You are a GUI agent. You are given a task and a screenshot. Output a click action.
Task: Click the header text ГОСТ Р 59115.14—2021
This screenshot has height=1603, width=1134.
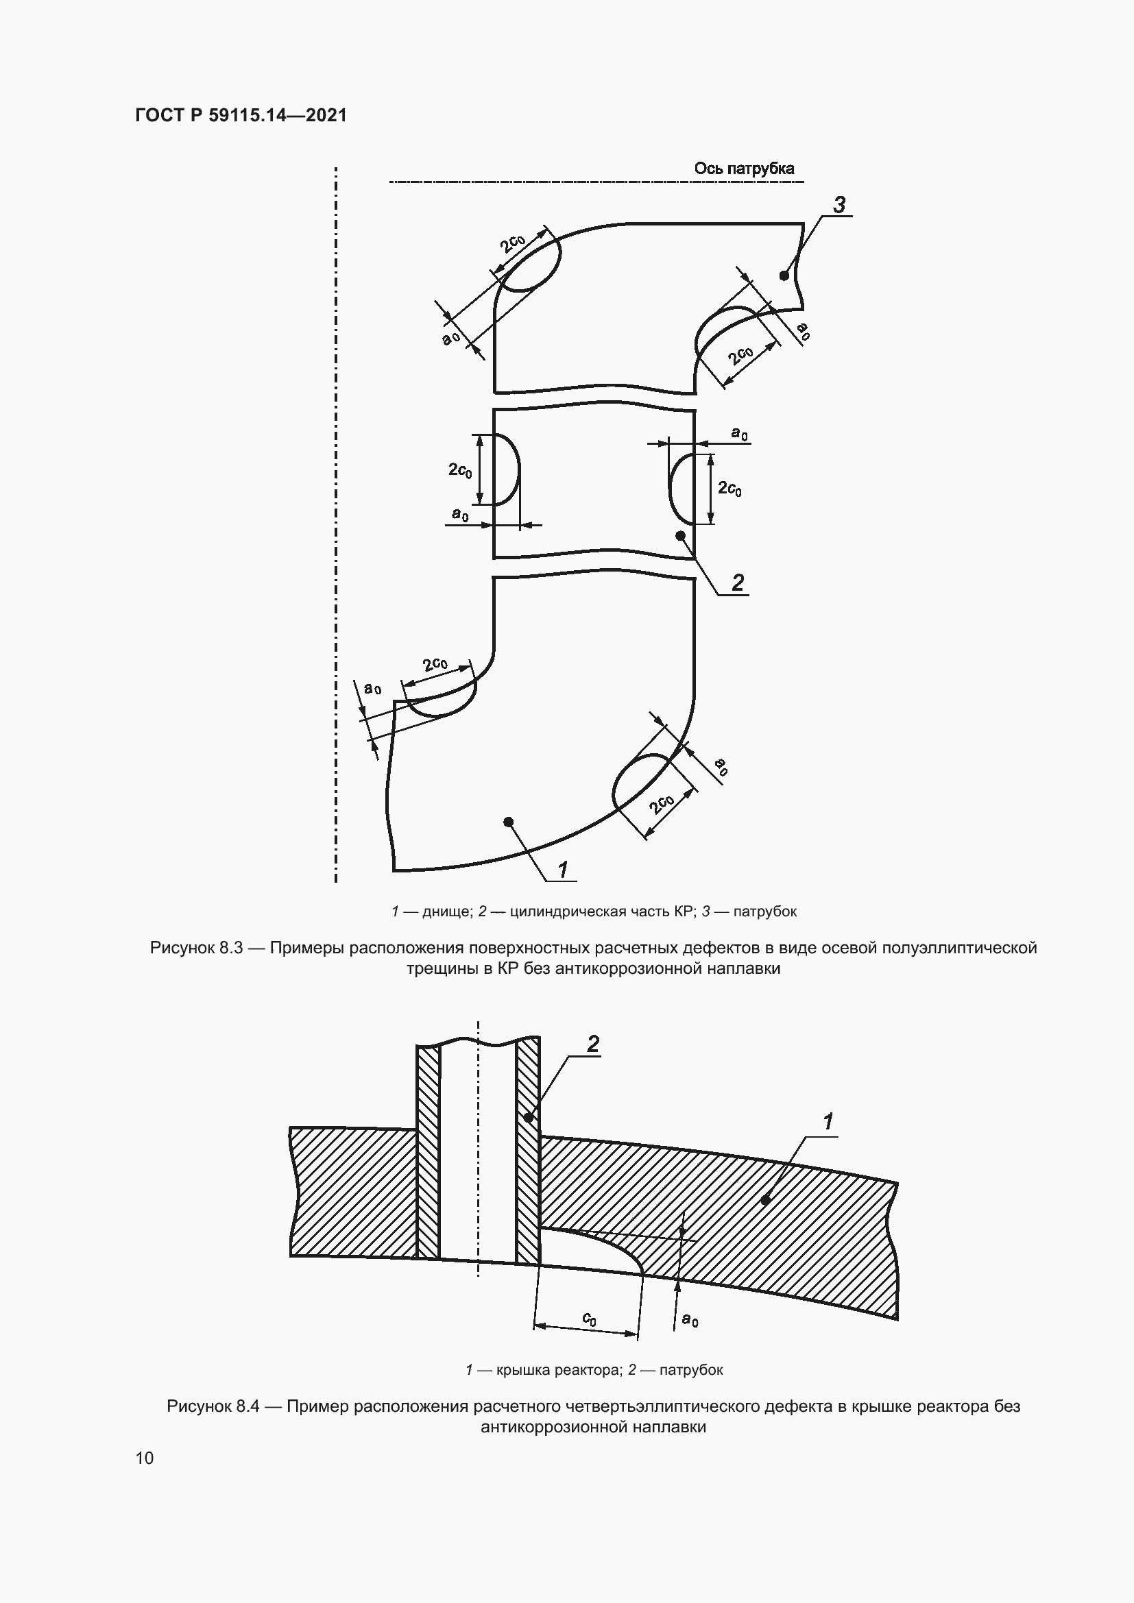(x=241, y=115)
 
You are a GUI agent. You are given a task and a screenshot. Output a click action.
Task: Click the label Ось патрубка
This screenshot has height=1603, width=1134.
(x=744, y=169)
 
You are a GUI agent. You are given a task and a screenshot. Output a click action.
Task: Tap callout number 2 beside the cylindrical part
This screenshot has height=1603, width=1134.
(x=738, y=582)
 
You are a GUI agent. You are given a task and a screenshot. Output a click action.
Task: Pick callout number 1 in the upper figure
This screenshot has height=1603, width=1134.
(x=563, y=868)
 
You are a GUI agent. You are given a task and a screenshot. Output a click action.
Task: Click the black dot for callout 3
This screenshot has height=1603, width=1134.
(x=784, y=276)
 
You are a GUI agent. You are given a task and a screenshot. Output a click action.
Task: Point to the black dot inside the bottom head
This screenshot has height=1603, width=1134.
(x=508, y=821)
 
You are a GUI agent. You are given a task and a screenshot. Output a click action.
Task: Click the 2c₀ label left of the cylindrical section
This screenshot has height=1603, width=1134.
(x=460, y=470)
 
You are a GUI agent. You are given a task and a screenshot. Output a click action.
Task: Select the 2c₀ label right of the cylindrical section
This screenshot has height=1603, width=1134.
(x=729, y=488)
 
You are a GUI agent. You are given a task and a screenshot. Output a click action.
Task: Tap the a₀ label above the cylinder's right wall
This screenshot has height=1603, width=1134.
(x=740, y=434)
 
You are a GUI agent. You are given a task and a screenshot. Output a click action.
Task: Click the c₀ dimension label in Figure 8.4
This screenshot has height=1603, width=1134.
(x=590, y=1318)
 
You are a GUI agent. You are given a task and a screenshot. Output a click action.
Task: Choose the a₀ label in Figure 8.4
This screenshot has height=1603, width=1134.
(x=690, y=1319)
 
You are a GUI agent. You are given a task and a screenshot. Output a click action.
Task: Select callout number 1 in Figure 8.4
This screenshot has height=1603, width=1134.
(x=828, y=1122)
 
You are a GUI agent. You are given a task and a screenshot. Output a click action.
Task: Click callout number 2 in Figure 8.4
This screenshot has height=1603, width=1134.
(x=593, y=1044)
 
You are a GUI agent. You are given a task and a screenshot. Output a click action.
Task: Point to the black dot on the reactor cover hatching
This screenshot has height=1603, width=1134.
(x=765, y=1199)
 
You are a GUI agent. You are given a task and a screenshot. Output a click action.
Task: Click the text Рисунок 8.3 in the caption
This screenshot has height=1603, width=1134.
(x=196, y=947)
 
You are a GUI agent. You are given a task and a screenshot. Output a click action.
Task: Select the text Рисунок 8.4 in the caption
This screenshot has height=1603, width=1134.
(x=213, y=1406)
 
